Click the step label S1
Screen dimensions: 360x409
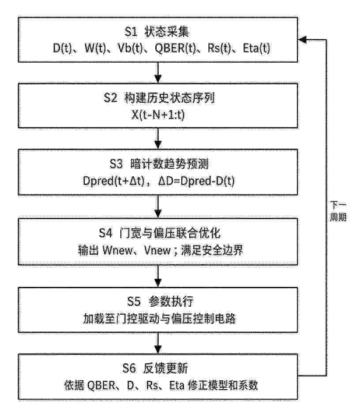131,32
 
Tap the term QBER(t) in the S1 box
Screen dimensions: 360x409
175,48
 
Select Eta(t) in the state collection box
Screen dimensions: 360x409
256,48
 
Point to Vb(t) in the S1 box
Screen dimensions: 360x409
130,48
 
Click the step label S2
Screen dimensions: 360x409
110,98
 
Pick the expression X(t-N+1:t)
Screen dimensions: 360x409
158,114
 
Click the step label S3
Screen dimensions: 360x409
116,164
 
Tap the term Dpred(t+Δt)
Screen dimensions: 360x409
113,181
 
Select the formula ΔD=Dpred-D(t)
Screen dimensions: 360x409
196,181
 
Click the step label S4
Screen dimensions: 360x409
105,233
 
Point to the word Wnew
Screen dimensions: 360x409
117,250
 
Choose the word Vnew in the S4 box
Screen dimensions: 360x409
157,250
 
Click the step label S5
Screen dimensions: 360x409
134,301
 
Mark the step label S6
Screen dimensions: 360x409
129,368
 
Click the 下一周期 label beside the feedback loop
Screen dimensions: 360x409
338,211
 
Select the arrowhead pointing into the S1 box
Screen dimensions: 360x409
302,40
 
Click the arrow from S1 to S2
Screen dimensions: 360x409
158,73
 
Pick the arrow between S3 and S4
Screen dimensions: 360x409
158,207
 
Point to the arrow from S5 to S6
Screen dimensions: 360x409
158,343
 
